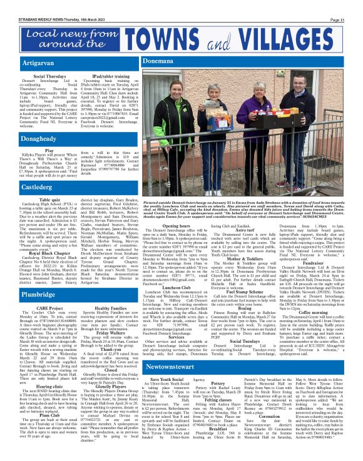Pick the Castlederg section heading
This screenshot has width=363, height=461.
[x=24, y=186]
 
